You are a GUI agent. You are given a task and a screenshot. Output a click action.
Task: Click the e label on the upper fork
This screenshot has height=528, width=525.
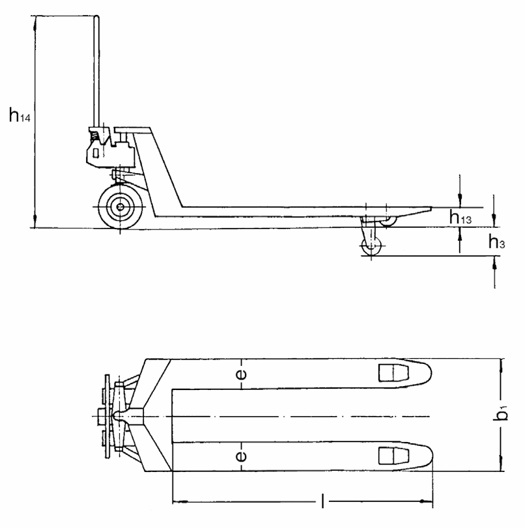click(x=241, y=374)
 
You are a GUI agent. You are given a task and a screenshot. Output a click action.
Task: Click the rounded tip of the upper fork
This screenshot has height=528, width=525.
click(x=427, y=373)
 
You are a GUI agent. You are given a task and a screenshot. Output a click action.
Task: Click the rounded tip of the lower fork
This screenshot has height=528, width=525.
click(x=427, y=455)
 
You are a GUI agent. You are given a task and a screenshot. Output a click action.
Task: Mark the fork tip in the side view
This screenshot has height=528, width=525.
click(x=429, y=209)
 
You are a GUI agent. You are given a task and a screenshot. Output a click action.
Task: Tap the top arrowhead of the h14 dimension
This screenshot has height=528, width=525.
click(x=34, y=21)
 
